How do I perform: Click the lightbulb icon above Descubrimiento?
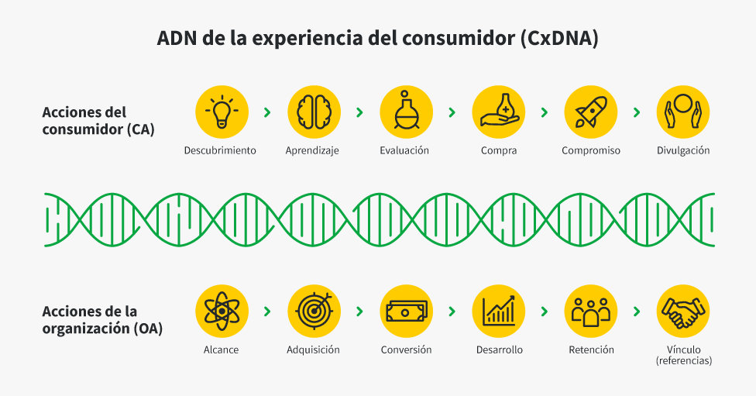coord(222,112)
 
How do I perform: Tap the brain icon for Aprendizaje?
coord(314,112)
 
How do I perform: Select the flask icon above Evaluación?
coord(406,112)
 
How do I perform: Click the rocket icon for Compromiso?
coord(590,112)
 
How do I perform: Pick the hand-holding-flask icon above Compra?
coord(499,112)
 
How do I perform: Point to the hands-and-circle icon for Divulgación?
coord(682,112)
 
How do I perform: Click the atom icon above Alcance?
coord(222,311)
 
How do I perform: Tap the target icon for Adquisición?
coord(314,311)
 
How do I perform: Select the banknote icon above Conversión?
coord(406,311)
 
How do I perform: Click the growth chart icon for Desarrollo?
coord(499,311)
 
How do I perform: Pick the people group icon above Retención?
coord(590,311)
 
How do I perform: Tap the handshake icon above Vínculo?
coord(682,311)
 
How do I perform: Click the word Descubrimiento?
coord(220,150)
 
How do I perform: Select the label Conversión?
coord(406,350)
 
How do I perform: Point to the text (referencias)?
coord(684,361)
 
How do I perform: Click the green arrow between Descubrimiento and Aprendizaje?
coord(267,112)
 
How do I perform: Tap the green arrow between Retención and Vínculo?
coord(637,312)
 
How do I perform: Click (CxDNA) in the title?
coord(560,38)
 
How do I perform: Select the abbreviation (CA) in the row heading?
coord(141,129)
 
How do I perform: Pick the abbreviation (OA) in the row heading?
coord(147,329)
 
